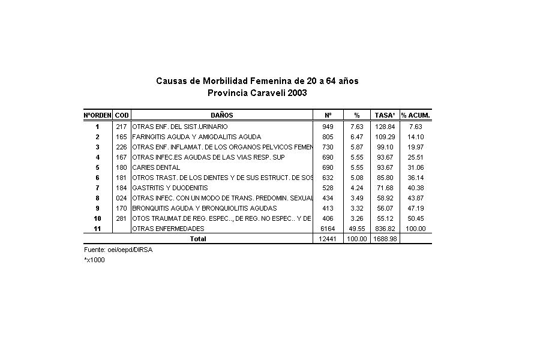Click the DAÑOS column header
[x=221, y=115]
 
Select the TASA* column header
[x=385, y=115]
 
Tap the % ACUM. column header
[x=416, y=115]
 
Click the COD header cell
[x=122, y=115]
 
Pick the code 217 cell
[x=122, y=127]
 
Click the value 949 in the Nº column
[x=328, y=127]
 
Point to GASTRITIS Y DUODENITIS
[x=169, y=188]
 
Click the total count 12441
[x=328, y=239]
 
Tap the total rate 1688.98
[x=385, y=239]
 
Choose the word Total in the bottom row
[x=198, y=239]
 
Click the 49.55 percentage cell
[x=356, y=229]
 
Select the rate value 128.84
[x=385, y=127]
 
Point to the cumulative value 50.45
[x=416, y=218]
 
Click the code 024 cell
[x=122, y=198]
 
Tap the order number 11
[x=97, y=229]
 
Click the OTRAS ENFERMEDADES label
[x=168, y=229]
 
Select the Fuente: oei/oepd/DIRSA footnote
[x=118, y=250]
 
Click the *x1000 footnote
[x=94, y=260]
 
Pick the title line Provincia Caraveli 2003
[x=257, y=93]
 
